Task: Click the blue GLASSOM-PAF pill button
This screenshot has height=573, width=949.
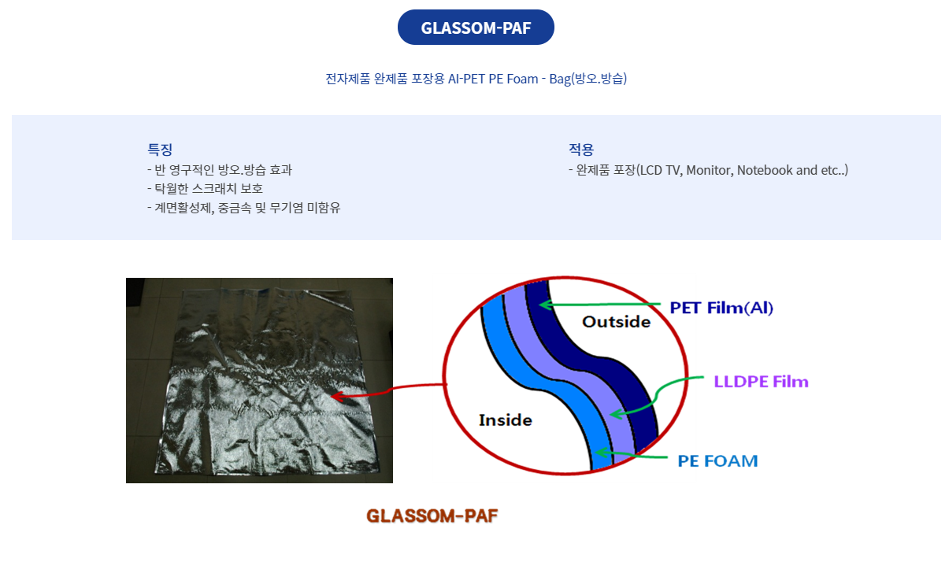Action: coord(476,27)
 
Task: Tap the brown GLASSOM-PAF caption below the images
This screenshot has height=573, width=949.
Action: coord(432,516)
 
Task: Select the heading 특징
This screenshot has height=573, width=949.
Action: coord(160,149)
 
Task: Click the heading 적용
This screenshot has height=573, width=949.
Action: coord(581,149)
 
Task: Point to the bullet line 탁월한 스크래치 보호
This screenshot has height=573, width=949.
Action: coord(205,188)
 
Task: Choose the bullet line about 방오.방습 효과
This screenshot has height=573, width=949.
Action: coord(220,170)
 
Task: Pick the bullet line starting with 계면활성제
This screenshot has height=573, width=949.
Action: coord(243,208)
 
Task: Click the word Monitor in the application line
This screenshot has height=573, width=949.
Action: coord(710,170)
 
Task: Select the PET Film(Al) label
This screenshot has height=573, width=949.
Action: coord(721,308)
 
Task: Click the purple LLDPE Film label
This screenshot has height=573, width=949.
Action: coord(762,382)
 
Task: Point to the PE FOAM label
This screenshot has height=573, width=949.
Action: coord(717,460)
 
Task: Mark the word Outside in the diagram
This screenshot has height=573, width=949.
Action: coord(616,322)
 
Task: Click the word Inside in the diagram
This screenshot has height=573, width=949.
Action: coord(506,420)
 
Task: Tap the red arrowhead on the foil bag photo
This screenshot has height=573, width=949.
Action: coord(337,397)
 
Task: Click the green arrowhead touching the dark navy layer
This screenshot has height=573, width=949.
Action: coord(546,305)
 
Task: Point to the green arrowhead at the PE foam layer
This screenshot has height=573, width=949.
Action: coord(602,453)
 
